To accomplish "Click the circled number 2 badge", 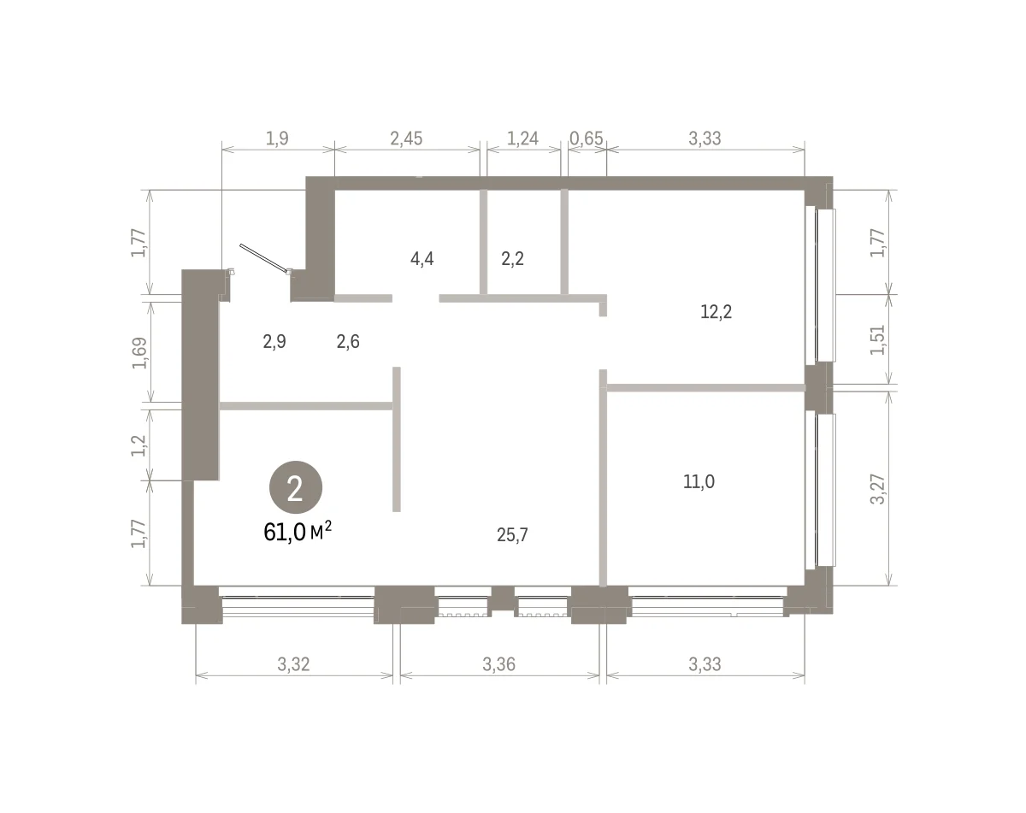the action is click(296, 486).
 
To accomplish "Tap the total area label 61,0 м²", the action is click(298, 532).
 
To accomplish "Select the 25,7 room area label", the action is click(512, 535).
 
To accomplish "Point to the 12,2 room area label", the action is click(716, 312).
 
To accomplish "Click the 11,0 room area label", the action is click(699, 481).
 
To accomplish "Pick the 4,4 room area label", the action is click(422, 259).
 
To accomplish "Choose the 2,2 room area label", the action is click(512, 259).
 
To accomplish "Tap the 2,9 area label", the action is click(274, 341).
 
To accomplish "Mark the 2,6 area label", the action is click(348, 341).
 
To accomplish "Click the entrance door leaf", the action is click(264, 258).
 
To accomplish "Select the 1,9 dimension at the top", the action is click(277, 138).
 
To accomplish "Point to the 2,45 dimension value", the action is click(406, 138).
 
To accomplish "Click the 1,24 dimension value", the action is click(522, 138).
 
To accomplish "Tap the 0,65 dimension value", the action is click(587, 138).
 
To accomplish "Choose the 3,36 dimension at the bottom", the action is click(498, 663).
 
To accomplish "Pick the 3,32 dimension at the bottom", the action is click(293, 663).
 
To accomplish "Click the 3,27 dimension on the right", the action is click(877, 489).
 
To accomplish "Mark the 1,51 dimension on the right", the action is click(877, 339).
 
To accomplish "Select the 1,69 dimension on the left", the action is click(140, 353).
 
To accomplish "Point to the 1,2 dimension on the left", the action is click(139, 445).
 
